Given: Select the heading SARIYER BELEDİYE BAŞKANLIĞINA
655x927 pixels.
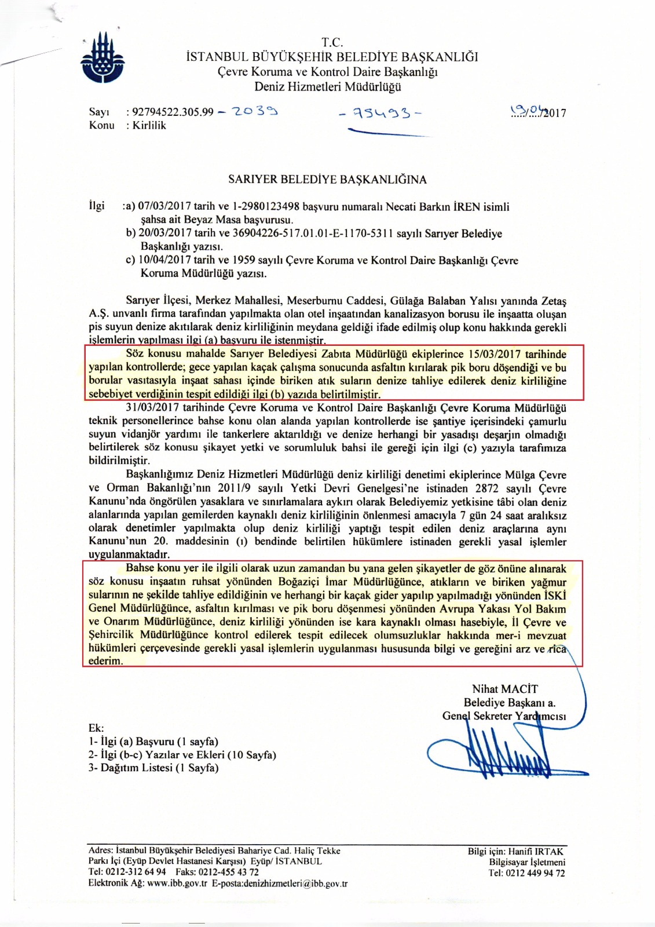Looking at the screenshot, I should (327, 179).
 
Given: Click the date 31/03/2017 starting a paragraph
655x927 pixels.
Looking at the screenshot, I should (152, 408).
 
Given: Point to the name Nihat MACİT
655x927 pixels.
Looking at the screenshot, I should (505, 689).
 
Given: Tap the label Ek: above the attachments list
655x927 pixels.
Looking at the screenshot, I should (96, 728).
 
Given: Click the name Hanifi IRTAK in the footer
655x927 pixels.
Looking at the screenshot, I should (536, 851).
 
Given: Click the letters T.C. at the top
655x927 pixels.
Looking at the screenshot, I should (332, 42).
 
